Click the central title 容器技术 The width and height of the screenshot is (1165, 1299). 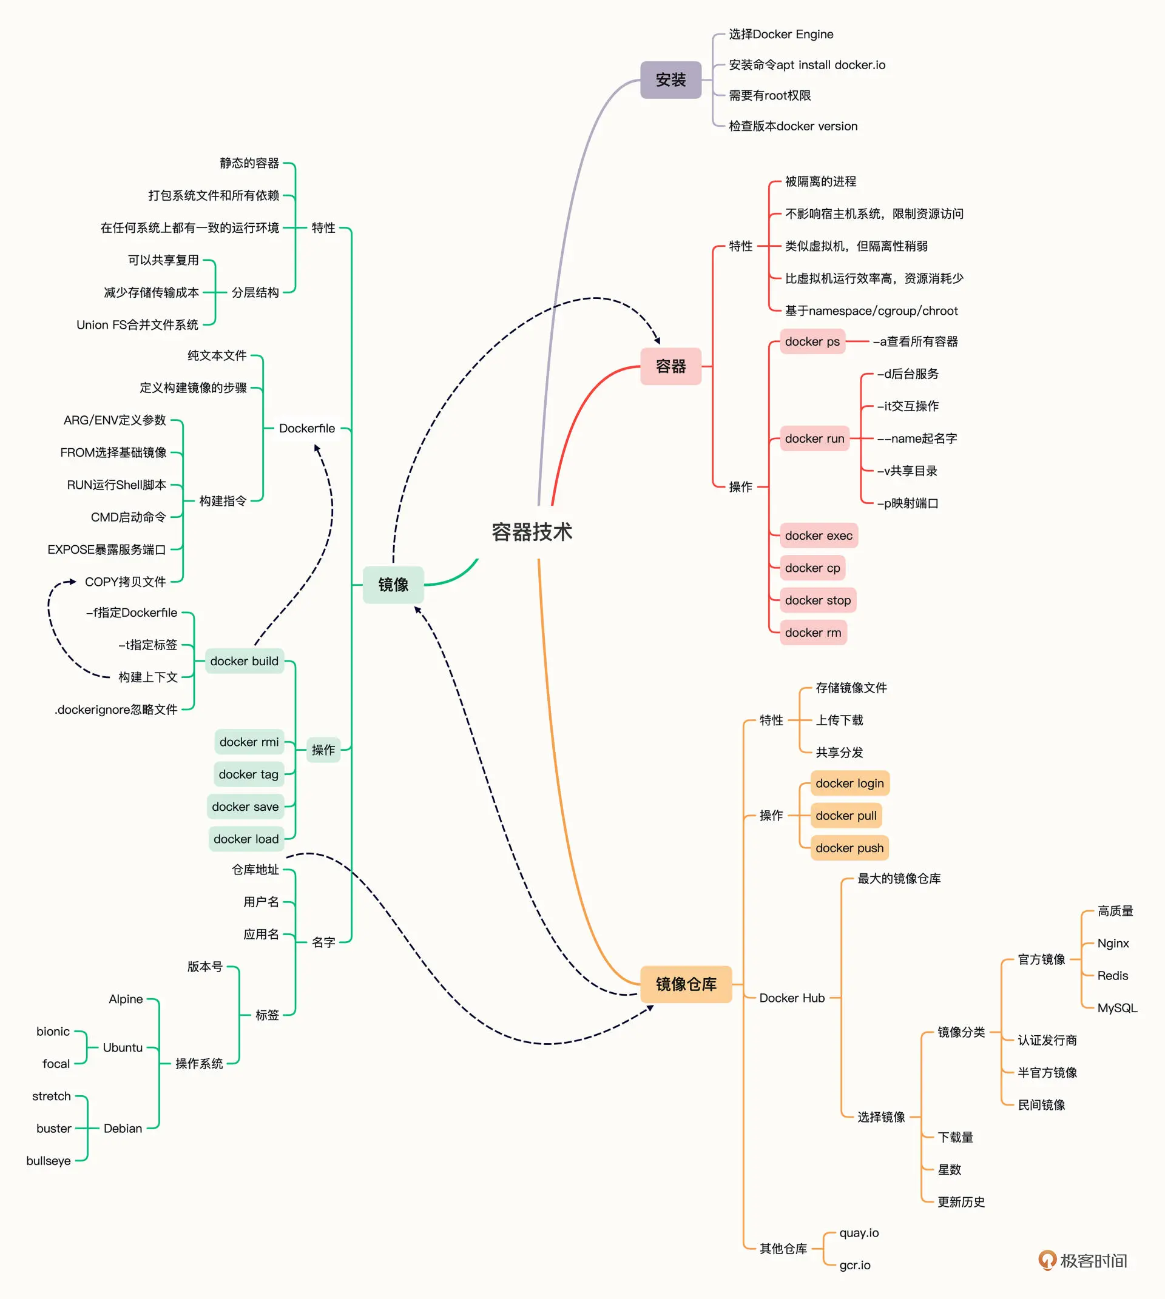[532, 532]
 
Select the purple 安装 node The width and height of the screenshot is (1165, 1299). [670, 80]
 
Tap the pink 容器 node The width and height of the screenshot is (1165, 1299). [670, 366]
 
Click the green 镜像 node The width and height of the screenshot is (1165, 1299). [393, 584]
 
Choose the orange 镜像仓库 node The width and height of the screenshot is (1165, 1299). [686, 984]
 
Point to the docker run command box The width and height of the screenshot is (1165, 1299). [814, 438]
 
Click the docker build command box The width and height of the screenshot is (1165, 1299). [244, 661]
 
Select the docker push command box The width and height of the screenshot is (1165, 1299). [849, 848]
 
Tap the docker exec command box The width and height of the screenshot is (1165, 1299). [818, 535]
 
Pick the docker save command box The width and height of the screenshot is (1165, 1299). [245, 807]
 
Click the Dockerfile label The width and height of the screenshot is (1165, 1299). [306, 428]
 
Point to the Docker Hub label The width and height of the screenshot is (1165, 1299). [792, 998]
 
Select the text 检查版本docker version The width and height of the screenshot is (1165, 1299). [793, 126]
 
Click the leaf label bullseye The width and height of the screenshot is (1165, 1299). [49, 1161]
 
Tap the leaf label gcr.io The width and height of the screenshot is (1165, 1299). [854, 1265]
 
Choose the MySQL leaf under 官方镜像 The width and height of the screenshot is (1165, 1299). [1117, 1008]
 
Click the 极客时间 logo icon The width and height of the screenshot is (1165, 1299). [1047, 1260]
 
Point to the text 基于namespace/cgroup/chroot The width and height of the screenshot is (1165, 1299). [871, 311]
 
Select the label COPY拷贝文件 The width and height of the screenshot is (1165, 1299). [126, 582]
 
